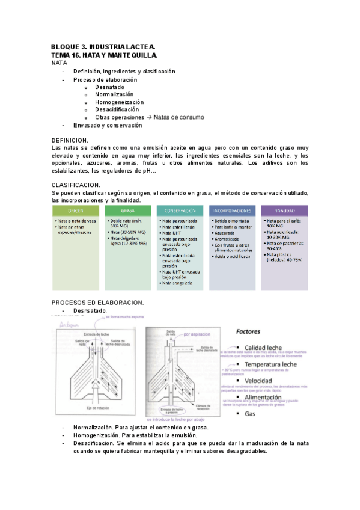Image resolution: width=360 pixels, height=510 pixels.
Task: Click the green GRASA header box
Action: point(127,211)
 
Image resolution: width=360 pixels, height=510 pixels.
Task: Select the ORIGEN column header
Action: point(76,211)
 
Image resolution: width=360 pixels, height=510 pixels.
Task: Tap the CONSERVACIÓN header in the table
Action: point(180,211)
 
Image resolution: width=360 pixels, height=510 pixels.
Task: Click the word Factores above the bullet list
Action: point(248,331)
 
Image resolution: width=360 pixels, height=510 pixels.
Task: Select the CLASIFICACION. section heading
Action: point(76,185)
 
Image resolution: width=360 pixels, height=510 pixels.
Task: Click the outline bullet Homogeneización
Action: point(120,102)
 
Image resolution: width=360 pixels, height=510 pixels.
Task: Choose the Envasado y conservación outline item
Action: point(108,125)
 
